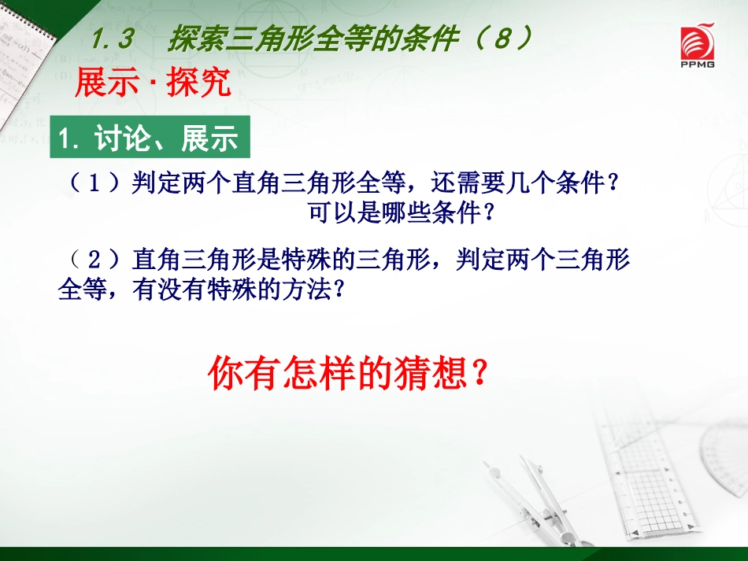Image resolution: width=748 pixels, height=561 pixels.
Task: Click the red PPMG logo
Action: [698, 46]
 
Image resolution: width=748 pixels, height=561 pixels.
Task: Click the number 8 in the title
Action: [504, 38]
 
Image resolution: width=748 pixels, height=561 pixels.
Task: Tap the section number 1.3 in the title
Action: [112, 39]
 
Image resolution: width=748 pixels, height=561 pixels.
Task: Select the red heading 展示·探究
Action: [153, 83]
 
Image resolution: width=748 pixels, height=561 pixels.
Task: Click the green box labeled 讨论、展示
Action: [150, 137]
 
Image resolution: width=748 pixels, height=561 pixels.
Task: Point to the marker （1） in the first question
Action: [94, 183]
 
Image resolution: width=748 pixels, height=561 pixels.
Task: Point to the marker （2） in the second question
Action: [94, 260]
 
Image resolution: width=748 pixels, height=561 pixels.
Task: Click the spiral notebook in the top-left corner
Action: [24, 57]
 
